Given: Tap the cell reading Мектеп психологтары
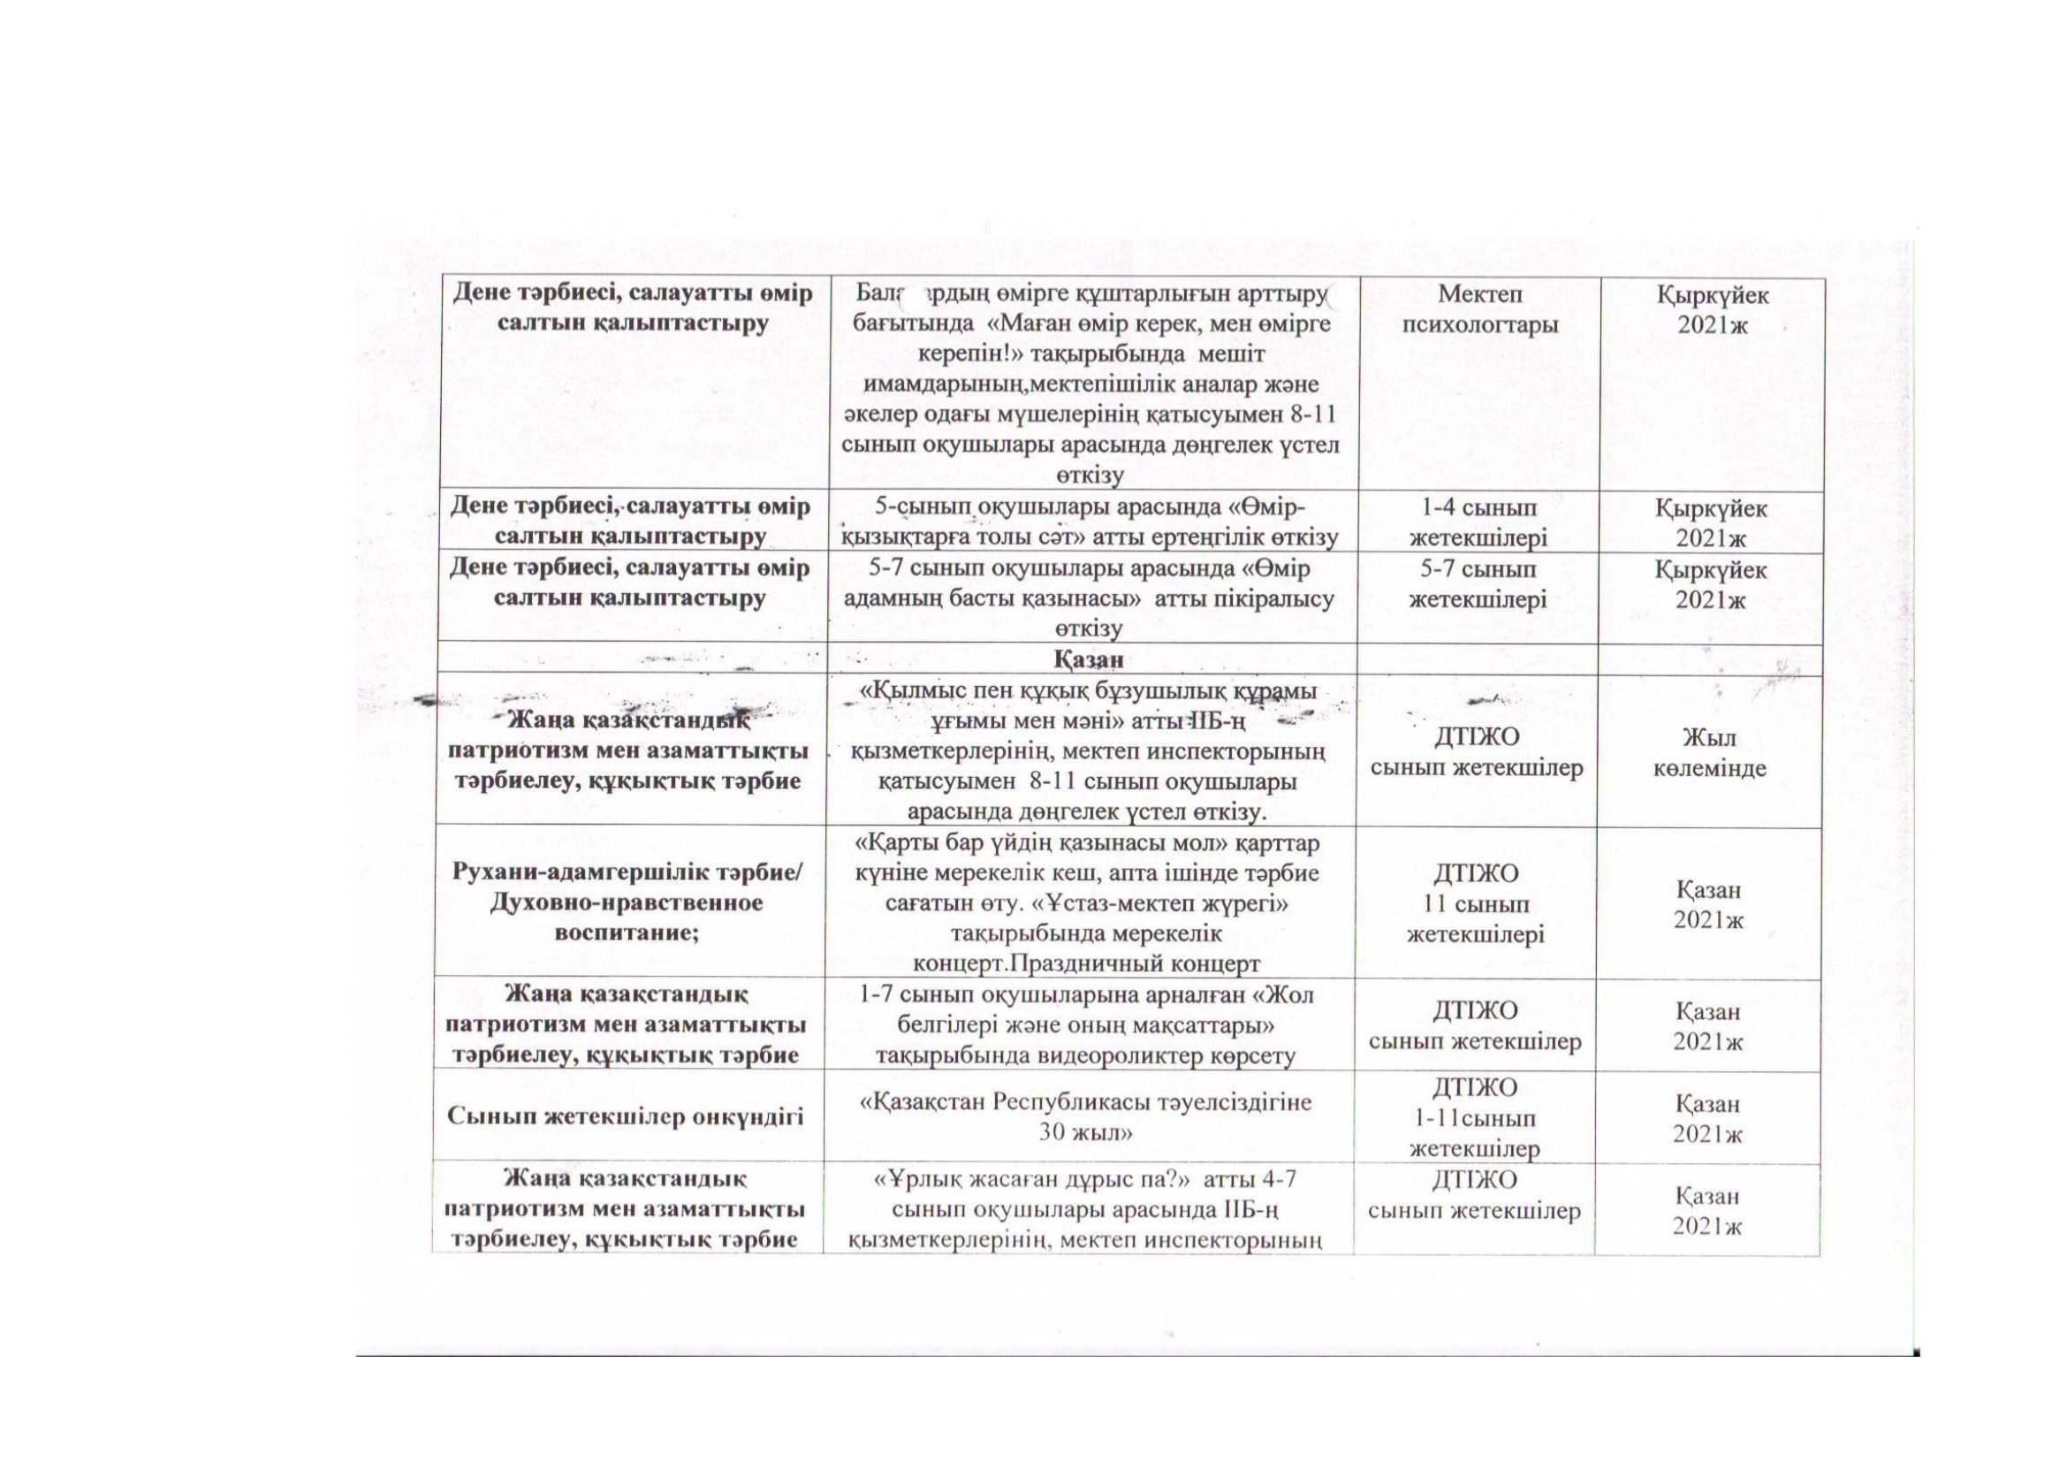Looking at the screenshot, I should (x=1479, y=308).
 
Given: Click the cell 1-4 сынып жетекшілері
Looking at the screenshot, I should (x=1478, y=522).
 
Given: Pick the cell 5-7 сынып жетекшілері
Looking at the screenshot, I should (x=1478, y=584).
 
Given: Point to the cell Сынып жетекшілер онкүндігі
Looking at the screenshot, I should (x=625, y=1117).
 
